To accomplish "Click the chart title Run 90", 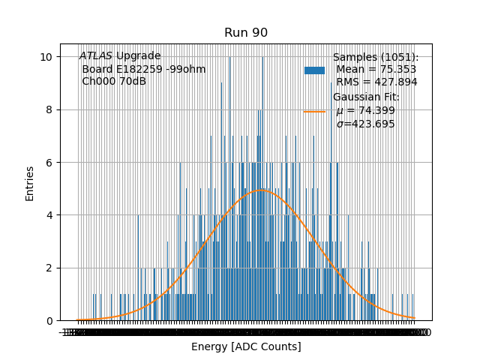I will [x=245, y=33].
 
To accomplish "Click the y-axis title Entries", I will [x=30, y=182].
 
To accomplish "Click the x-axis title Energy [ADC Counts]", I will [x=246, y=346].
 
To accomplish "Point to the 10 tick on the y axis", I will [x=46, y=57].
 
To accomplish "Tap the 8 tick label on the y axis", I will [x=49, y=109].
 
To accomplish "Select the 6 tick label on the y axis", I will [x=49, y=163].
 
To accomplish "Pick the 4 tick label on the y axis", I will [x=49, y=215].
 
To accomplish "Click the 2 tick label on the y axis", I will [x=49, y=268].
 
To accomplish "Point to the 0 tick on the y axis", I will [x=49, y=321].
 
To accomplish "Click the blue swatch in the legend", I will [x=314, y=70].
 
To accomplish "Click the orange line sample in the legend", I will [x=314, y=111].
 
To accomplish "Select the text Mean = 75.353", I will [x=376, y=70].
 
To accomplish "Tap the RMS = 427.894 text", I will [x=376, y=82].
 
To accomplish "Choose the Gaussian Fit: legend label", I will [x=366, y=97].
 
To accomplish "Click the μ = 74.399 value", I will [x=365, y=111].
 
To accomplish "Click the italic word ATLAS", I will [x=96, y=56].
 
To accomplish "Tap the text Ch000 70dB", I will [x=114, y=81].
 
